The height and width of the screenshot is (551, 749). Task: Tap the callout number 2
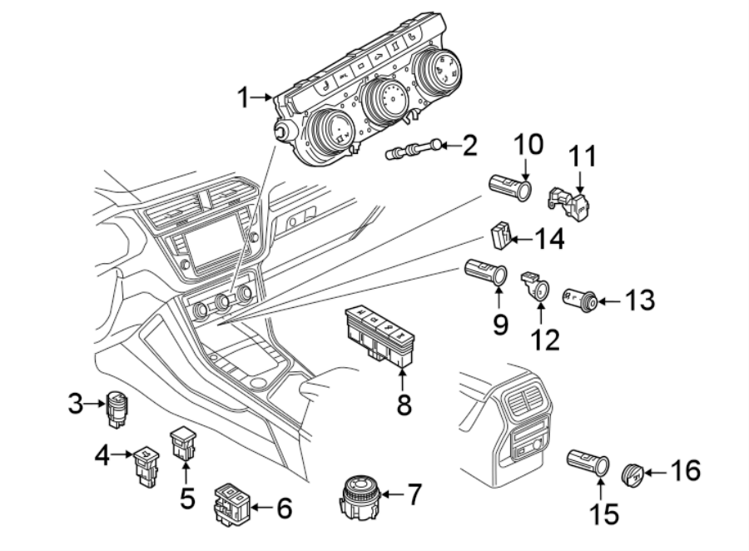point(470,147)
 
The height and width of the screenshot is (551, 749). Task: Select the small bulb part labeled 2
point(413,151)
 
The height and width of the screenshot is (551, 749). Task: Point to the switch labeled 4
point(146,464)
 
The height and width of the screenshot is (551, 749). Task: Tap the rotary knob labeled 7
point(363,495)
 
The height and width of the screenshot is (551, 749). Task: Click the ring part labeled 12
point(536,288)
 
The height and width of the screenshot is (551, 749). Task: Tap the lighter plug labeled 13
point(579,299)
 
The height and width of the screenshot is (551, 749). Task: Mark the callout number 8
point(403,405)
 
